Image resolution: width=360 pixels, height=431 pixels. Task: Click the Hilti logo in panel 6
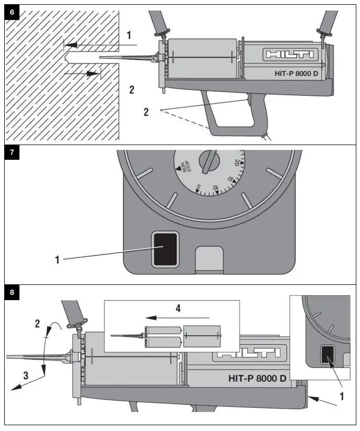(290, 55)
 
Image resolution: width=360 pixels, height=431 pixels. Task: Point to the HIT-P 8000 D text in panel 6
(290, 74)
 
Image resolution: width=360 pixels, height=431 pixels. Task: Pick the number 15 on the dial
(230, 179)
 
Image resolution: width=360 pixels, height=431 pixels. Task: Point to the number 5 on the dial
(198, 186)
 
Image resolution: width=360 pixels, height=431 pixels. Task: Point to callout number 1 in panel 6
(129, 36)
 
